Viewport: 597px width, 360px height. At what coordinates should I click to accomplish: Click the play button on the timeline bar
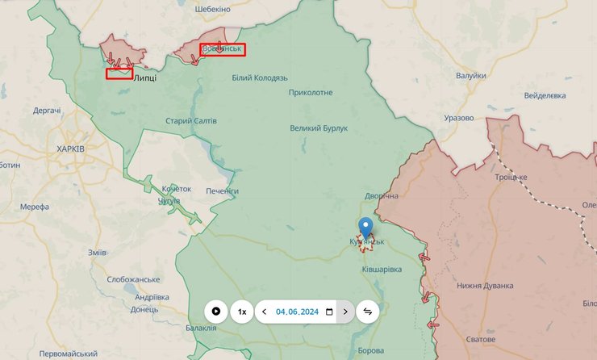click(216, 312)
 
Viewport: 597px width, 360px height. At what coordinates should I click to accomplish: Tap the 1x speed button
click(241, 312)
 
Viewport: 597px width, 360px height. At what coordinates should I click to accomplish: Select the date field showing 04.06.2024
click(297, 312)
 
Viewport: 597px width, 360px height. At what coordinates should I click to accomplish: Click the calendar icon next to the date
click(329, 312)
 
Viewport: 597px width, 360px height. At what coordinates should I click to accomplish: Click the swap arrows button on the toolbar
click(367, 312)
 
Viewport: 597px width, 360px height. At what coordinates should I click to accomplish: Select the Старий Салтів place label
click(190, 120)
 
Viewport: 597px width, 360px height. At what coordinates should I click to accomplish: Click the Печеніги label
click(222, 190)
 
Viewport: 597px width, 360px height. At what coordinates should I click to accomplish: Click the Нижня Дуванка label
click(485, 286)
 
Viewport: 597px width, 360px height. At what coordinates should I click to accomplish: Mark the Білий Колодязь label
click(260, 77)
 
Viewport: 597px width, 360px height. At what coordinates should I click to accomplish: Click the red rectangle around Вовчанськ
click(223, 49)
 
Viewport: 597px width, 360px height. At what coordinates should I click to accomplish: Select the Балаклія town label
click(201, 328)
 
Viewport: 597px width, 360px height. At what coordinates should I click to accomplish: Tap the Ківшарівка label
click(382, 269)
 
